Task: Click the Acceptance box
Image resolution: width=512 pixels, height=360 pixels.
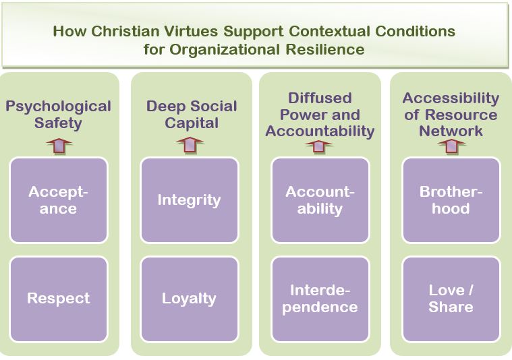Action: pyautogui.click(x=59, y=200)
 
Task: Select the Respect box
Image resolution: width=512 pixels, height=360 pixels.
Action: pyautogui.click(x=59, y=299)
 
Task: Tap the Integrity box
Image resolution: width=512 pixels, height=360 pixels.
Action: pyautogui.click(x=190, y=200)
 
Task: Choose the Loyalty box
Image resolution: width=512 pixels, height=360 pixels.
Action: pyautogui.click(x=190, y=299)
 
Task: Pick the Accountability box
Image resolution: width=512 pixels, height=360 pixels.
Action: pyautogui.click(x=320, y=200)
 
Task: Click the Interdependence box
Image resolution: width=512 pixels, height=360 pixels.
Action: pyautogui.click(x=320, y=299)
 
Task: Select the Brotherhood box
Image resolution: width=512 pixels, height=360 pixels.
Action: pyautogui.click(x=451, y=200)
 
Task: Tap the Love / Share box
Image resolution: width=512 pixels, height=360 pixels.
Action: pyautogui.click(x=451, y=299)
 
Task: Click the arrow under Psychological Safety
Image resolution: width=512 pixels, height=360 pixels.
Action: pyautogui.click(x=59, y=146)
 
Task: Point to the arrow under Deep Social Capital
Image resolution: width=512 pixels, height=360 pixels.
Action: pyautogui.click(x=190, y=145)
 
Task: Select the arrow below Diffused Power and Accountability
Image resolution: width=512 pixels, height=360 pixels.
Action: pyautogui.click(x=318, y=146)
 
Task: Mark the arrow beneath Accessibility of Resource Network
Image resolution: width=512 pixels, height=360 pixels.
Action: pyautogui.click(x=451, y=146)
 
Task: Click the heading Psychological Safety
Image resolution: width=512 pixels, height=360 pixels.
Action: pyautogui.click(x=59, y=115)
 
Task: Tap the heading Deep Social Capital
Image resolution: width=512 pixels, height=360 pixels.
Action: pyautogui.click(x=192, y=115)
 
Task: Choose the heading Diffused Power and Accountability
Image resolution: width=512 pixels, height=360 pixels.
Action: pyautogui.click(x=320, y=115)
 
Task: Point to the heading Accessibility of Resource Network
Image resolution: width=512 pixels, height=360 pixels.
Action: pyautogui.click(x=451, y=115)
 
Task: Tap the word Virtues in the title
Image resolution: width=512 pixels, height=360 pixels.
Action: pyautogui.click(x=191, y=31)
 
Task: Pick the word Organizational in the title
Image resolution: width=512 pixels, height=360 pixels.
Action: pyautogui.click(x=225, y=50)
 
